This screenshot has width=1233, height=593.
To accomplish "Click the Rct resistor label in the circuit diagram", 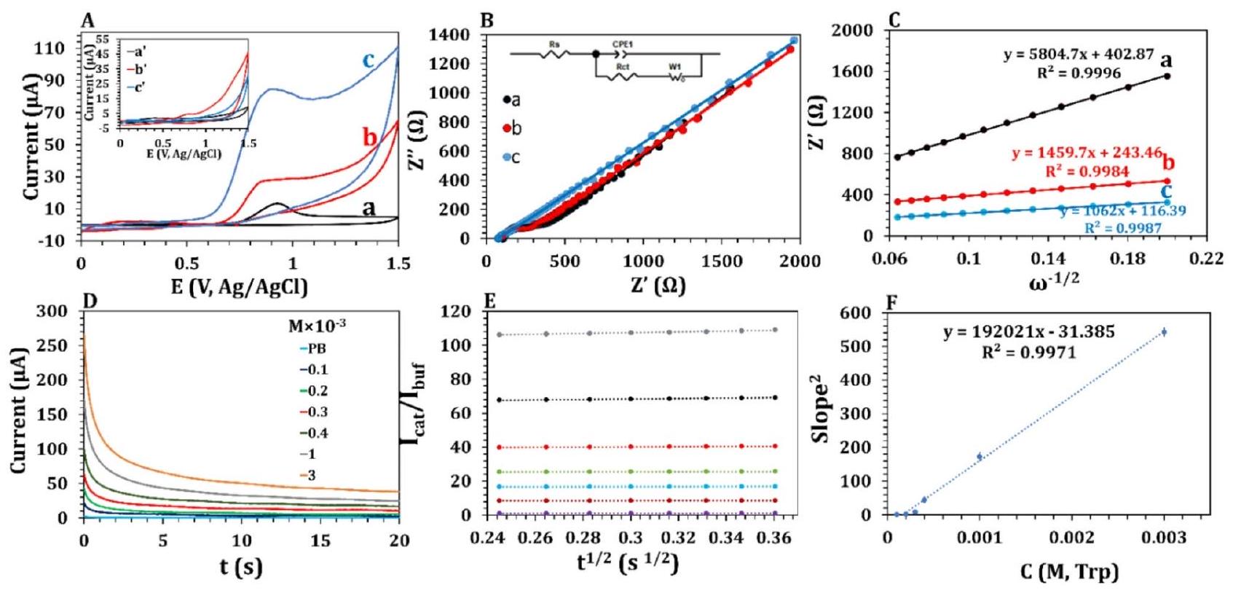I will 622,68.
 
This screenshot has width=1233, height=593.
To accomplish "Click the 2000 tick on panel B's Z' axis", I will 800,261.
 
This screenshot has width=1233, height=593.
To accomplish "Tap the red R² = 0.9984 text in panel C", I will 1087,171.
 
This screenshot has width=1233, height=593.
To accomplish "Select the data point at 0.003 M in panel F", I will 1164,332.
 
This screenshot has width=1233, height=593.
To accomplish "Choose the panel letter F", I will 891,302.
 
